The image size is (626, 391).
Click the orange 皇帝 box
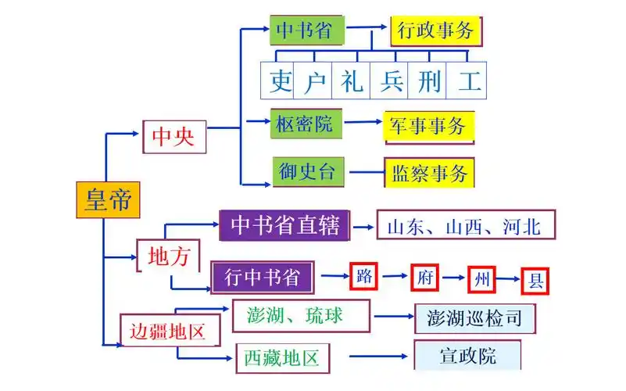[x=109, y=199]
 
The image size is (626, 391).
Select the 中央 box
[x=173, y=137]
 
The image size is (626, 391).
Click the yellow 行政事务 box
[x=435, y=31]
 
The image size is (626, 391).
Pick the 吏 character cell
[x=280, y=81]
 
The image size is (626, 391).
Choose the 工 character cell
[x=470, y=81]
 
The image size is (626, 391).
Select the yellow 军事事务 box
[x=429, y=126]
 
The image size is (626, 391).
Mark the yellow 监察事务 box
[x=430, y=173]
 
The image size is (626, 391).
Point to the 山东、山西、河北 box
[x=466, y=227]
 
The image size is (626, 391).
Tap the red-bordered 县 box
[x=535, y=280]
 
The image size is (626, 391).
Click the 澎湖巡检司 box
[x=475, y=318]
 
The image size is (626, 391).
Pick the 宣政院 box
[x=467, y=357]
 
